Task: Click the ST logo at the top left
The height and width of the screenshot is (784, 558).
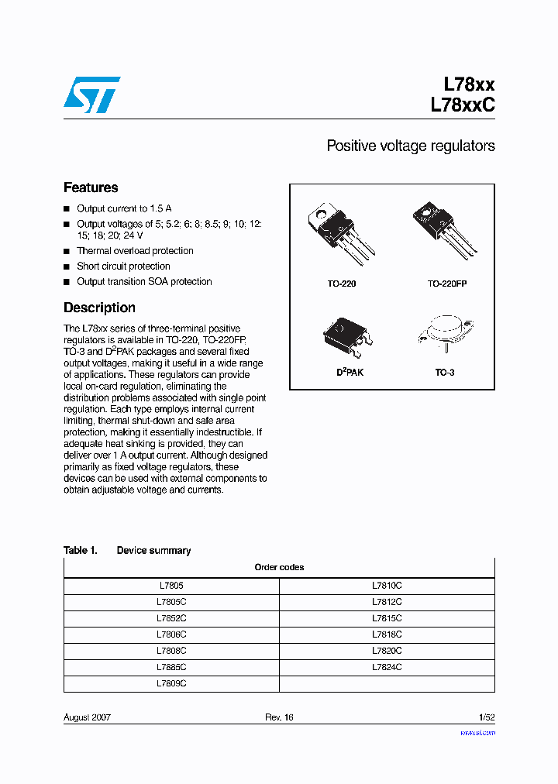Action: tap(91, 95)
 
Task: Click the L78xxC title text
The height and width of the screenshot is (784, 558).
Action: tap(462, 106)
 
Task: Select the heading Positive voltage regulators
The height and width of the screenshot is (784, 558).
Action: tap(410, 146)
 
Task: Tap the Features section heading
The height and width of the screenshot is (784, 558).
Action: tap(91, 187)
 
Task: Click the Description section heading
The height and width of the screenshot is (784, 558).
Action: tap(99, 308)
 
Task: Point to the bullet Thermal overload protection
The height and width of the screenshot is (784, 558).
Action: tap(135, 251)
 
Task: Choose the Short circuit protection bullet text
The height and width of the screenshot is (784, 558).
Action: tap(123, 266)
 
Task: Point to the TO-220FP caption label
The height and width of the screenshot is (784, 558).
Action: tap(447, 284)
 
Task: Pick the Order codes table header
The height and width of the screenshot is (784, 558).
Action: tap(279, 567)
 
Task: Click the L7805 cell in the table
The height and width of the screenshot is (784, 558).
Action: tap(170, 586)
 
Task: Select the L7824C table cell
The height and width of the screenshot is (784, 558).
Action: tap(387, 667)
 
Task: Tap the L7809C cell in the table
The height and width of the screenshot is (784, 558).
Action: tap(170, 683)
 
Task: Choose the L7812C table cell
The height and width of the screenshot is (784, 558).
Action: tap(387, 602)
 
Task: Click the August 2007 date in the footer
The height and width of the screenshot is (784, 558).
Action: tap(87, 717)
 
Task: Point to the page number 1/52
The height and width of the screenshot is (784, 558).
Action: tap(486, 717)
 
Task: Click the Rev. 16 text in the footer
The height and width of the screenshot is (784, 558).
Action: tap(279, 717)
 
